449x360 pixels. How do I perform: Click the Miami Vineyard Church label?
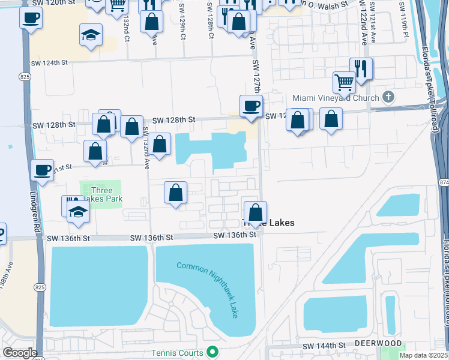click(x=336, y=98)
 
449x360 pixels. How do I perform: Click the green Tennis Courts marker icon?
click(x=211, y=352)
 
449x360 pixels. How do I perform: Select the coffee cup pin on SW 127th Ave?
click(x=251, y=106)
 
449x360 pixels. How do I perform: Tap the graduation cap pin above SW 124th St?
click(x=91, y=35)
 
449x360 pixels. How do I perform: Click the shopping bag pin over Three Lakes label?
click(x=255, y=212)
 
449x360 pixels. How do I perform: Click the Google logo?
click(x=19, y=352)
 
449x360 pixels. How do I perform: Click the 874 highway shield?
click(x=444, y=181)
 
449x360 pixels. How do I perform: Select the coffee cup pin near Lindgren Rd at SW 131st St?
click(x=42, y=170)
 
